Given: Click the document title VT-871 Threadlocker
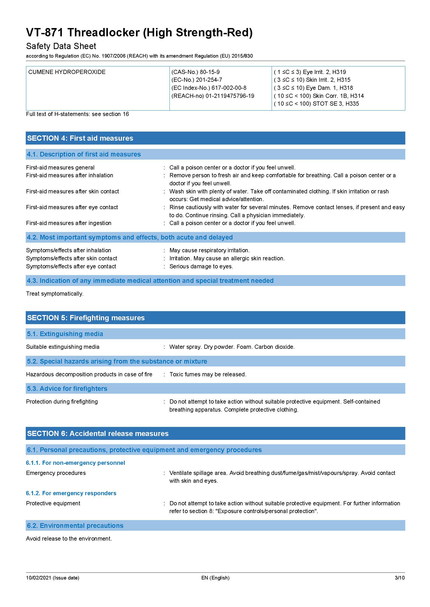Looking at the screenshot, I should tap(139, 32).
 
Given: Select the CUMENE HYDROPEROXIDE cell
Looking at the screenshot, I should tap(67, 72).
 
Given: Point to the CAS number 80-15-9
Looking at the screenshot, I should tap(210, 72).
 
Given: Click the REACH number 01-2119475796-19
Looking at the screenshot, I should tap(230, 96).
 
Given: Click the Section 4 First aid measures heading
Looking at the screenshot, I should tap(80, 138).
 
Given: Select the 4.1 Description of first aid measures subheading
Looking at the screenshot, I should tap(84, 154).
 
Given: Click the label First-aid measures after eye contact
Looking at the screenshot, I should tap(72, 207).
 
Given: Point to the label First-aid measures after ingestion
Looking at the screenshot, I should tap(69, 223).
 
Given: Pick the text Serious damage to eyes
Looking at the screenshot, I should tap(201, 266).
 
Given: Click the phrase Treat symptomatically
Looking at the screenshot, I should tap(55, 294).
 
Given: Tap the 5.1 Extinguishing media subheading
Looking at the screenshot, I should tap(65, 334).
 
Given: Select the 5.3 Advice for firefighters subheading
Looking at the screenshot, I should tap(67, 388).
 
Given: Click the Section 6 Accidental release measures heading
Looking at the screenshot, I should tap(98, 433).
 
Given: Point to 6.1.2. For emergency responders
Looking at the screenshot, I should tap(71, 493).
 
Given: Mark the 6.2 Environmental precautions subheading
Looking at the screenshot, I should tap(75, 525).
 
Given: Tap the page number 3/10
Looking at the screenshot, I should tap(400, 578).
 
